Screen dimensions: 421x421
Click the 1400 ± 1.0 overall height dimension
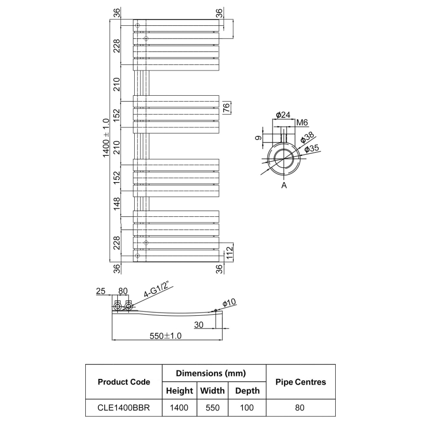pos(106,137)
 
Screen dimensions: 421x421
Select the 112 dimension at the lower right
pos(229,253)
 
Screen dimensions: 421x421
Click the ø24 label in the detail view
pos(283,115)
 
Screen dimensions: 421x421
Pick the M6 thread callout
pos(302,123)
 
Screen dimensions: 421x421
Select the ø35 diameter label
pos(313,149)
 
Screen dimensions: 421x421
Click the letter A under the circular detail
pos(284,185)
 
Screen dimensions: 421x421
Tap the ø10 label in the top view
pos(229,304)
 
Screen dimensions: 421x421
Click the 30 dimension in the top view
pos(198,325)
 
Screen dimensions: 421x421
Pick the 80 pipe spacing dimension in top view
pos(123,290)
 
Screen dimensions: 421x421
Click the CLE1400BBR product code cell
pos(124,407)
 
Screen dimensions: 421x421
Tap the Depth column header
pos(247,390)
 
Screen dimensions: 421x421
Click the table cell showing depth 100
pos(247,407)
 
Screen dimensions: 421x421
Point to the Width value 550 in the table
pos(212,407)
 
